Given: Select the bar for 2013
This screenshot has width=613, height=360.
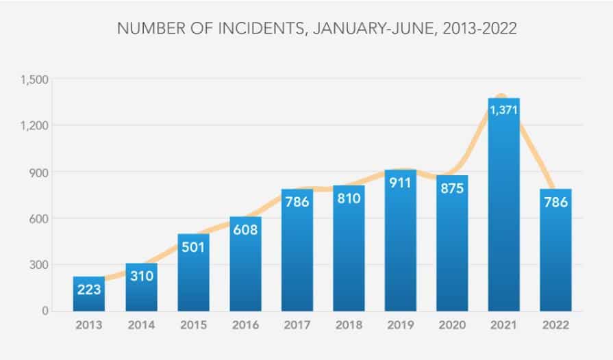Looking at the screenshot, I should [89, 301].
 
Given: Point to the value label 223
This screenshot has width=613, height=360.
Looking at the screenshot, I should [89, 289].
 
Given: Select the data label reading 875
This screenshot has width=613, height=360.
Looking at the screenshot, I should [452, 188].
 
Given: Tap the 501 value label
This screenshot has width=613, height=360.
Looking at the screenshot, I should [193, 246].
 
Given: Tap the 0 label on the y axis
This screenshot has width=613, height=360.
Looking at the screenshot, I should [45, 311].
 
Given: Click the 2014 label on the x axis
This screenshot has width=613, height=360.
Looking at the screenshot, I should [141, 326].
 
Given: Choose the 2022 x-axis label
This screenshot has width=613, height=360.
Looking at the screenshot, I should [555, 326].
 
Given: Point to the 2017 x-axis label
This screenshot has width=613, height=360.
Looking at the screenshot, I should [297, 326].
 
